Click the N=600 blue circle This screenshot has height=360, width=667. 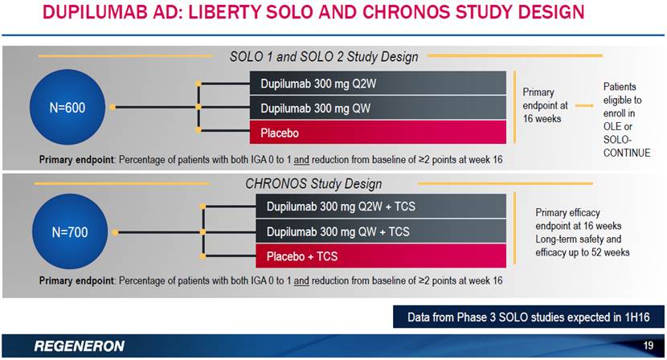(68, 107)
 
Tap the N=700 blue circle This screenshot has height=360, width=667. (70, 231)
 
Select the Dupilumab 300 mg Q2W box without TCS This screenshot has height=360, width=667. (378, 83)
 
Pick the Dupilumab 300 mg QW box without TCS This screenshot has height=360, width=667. (378, 108)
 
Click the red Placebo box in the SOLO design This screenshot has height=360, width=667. (378, 132)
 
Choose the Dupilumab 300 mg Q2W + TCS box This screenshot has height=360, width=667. (381, 206)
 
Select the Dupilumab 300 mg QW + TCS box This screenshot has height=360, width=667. (381, 231)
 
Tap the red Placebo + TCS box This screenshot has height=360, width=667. (381, 256)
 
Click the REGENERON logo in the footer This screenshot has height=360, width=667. (80, 346)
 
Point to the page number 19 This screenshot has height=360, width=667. (649, 345)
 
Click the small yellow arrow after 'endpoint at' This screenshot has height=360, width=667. (584, 105)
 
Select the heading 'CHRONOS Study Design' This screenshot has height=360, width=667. (313, 184)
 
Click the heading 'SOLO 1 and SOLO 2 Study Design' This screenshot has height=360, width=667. (324, 56)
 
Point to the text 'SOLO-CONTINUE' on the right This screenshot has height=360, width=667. (627, 146)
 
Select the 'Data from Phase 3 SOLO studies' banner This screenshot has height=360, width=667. (528, 317)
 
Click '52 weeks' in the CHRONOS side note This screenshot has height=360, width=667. (611, 252)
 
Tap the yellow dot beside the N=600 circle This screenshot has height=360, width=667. (113, 107)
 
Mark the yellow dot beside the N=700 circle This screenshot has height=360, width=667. (115, 232)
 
